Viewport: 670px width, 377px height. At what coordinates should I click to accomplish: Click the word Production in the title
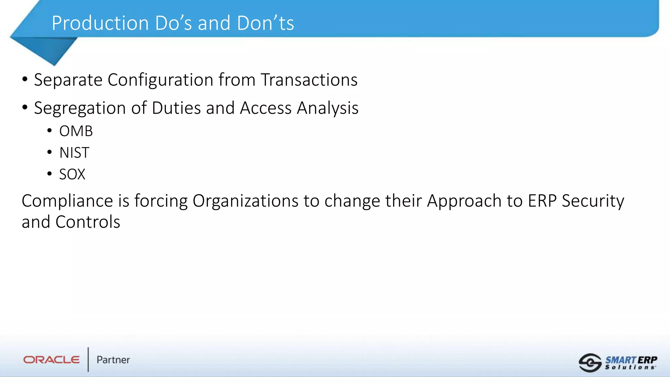[100, 23]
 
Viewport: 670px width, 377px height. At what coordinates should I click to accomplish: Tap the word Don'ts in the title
[265, 23]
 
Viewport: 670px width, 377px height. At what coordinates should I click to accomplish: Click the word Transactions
[309, 80]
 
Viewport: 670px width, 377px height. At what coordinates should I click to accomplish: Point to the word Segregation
[80, 108]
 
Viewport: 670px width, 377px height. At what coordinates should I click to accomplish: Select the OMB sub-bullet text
[76, 131]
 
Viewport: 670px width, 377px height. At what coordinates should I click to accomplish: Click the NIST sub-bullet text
[74, 153]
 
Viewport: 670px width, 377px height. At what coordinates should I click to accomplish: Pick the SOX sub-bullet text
[72, 174]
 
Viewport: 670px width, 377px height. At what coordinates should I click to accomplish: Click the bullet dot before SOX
[49, 174]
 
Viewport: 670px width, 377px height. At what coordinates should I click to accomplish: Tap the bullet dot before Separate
[25, 79]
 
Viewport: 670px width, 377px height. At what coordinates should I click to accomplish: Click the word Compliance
[67, 201]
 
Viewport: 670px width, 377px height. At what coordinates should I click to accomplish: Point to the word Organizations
[245, 201]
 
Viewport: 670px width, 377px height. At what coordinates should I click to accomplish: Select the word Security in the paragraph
[593, 201]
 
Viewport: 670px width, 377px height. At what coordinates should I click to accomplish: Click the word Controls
[88, 222]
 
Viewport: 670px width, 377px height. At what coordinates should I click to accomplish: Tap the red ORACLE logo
[51, 360]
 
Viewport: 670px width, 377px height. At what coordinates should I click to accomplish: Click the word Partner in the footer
[113, 360]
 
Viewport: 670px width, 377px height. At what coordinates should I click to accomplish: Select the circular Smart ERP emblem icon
[590, 363]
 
